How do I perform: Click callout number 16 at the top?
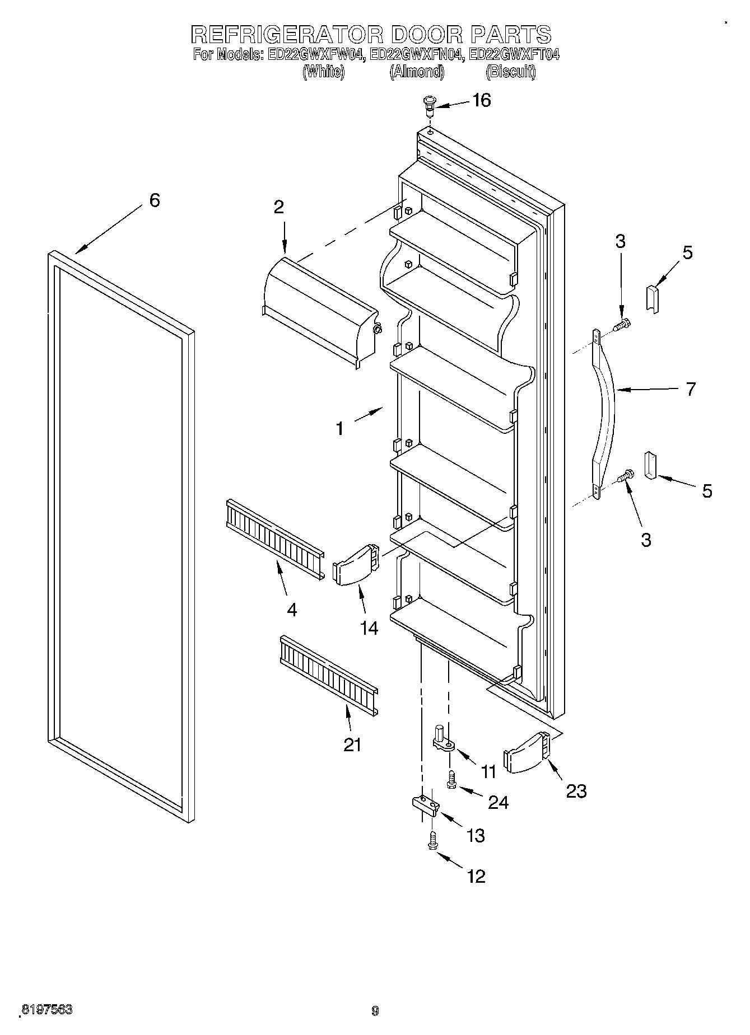[x=481, y=101]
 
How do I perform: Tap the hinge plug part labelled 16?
[x=430, y=105]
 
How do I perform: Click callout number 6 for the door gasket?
[x=155, y=200]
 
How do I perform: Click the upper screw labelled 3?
[x=621, y=325]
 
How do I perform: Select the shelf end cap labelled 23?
[x=527, y=753]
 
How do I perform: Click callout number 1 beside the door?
[x=339, y=429]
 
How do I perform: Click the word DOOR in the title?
[x=427, y=35]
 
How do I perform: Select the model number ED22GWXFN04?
[x=417, y=55]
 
